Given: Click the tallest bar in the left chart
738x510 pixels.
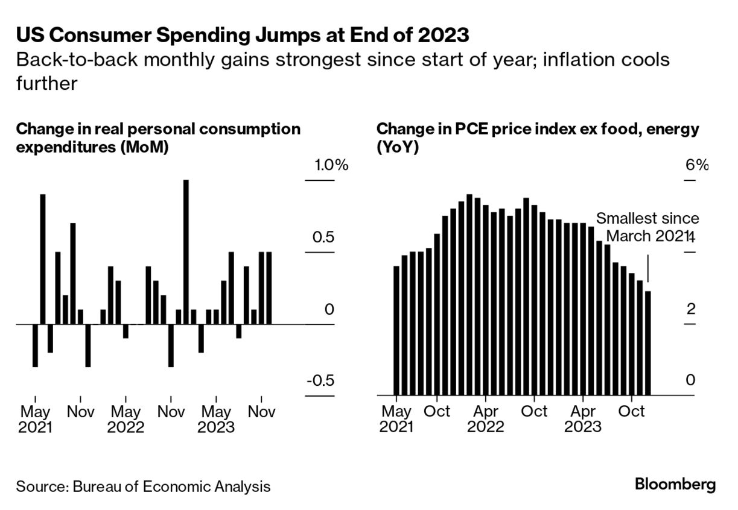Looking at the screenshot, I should tap(186, 251).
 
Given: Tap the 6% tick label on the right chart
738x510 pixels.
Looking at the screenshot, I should tap(696, 165).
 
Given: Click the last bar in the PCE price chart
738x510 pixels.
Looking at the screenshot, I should tap(648, 343).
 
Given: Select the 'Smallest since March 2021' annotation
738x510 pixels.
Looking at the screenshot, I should tap(647, 227).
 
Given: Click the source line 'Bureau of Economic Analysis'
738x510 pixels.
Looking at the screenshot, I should tap(143, 486).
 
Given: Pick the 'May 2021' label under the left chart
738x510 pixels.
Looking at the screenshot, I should tap(36, 420).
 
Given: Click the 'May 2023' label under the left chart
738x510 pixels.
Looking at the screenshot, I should tap(216, 420).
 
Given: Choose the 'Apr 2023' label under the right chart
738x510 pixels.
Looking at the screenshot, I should tap(583, 419).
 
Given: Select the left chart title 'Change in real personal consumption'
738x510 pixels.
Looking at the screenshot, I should tap(158, 128).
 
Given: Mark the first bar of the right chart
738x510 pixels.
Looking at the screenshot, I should tap(396, 330).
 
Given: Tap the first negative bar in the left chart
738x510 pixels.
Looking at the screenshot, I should tap(35, 345).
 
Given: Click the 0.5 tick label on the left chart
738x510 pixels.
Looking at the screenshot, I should tap(323, 237).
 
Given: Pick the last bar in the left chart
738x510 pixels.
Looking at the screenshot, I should tap(269, 288).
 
